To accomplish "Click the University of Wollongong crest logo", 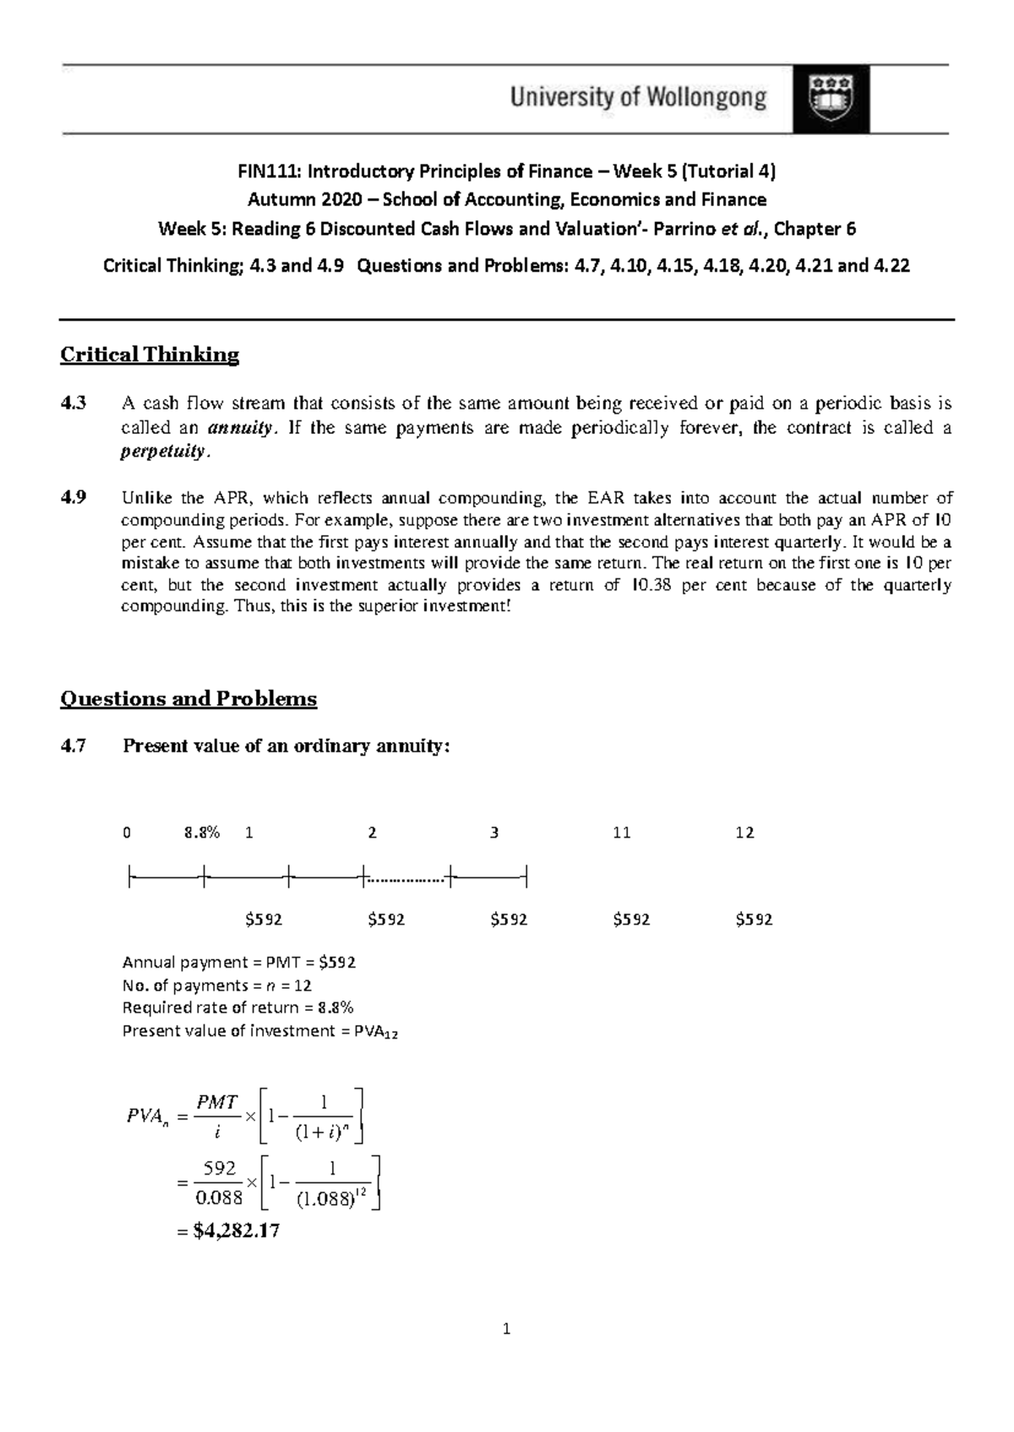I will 831,99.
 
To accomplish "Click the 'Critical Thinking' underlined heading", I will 150,355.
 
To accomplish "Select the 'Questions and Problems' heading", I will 188,699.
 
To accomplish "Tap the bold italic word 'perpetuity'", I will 162,451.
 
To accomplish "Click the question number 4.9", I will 74,497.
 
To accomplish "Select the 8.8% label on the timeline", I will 202,833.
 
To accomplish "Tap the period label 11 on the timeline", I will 621,833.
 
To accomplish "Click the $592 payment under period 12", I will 754,919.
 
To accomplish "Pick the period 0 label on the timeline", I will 127,833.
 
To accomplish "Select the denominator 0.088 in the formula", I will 219,1197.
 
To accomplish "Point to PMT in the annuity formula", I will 216,1103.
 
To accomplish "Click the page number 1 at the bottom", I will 506,1330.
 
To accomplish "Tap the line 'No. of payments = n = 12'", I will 217,985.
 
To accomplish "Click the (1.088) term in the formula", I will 324,1199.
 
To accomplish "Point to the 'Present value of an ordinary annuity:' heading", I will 286,746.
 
